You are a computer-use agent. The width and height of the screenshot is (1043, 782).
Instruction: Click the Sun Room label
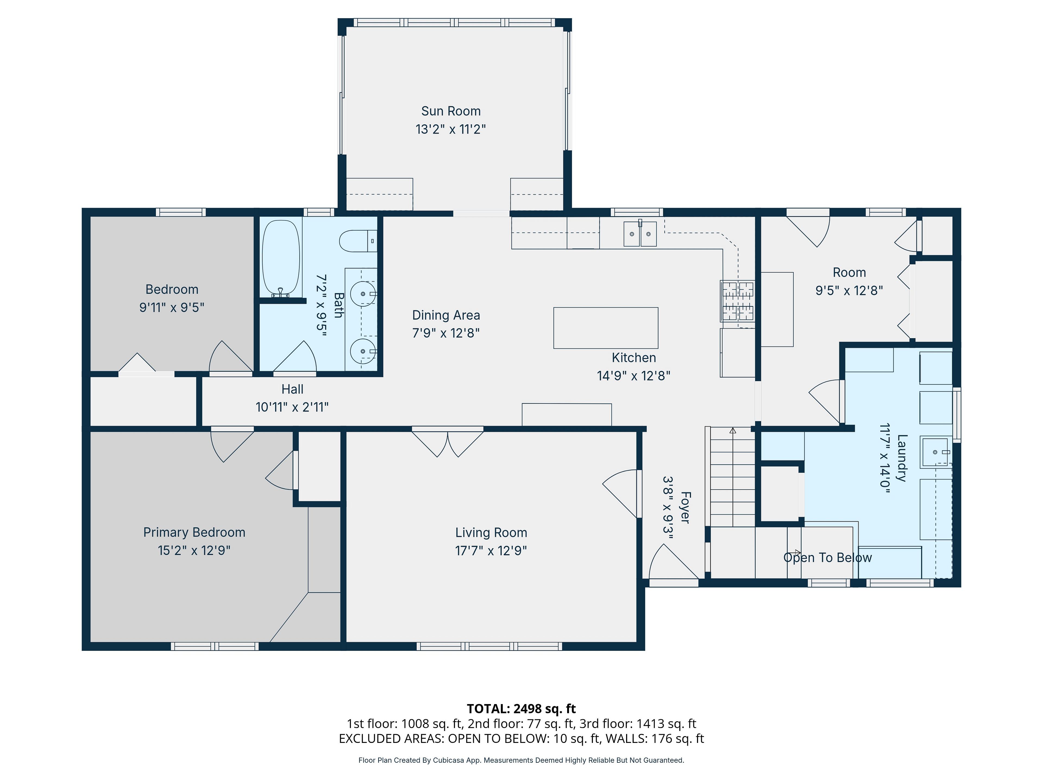(451, 111)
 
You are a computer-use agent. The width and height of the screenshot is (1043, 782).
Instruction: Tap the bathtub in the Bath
(281, 258)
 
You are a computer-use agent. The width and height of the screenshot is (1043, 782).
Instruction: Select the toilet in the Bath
(358, 241)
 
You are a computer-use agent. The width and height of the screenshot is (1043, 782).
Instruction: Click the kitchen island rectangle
(605, 328)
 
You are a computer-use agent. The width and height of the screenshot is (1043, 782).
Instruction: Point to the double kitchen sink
(640, 234)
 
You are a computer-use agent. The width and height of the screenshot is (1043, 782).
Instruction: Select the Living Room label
(491, 533)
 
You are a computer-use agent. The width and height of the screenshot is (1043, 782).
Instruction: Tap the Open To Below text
(828, 558)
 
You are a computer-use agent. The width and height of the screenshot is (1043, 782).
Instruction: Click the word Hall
(292, 389)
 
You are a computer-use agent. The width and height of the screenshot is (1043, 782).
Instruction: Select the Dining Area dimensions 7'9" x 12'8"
(446, 333)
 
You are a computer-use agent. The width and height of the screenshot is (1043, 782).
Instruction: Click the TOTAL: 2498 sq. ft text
(521, 708)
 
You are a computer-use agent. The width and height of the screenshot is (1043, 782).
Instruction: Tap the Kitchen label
(634, 358)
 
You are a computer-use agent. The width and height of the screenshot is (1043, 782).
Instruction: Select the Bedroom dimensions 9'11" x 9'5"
(172, 307)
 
